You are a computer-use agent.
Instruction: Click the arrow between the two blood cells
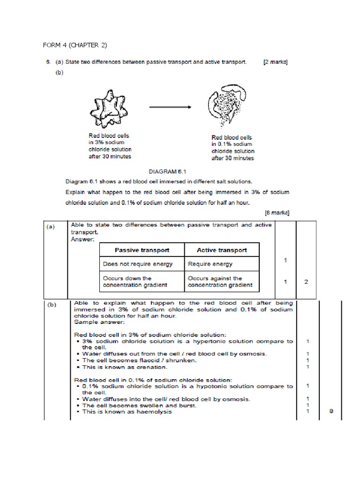170,107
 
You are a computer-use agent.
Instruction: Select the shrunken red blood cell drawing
107,107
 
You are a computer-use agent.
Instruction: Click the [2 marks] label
276,63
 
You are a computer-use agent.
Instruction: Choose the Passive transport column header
142,250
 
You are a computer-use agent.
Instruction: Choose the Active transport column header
222,250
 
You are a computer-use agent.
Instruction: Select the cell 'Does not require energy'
138,264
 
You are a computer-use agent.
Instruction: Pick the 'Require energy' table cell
210,264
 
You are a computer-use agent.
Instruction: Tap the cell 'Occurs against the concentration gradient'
220,281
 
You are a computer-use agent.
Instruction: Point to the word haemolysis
153,412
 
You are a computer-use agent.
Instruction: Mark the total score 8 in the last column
331,412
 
